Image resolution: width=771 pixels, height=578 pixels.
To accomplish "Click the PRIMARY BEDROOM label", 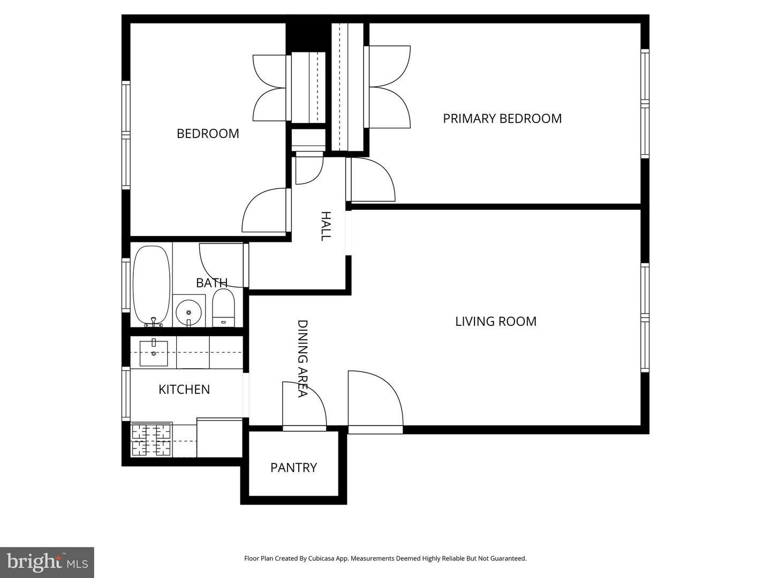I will pos(502,118).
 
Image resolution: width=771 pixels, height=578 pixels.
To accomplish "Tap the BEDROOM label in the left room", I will pos(208,133).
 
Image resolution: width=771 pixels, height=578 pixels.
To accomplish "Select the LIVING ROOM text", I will pos(496,321).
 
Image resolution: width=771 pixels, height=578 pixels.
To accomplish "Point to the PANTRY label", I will pos(293,468).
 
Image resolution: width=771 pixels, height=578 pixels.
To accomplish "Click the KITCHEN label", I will pos(184,389).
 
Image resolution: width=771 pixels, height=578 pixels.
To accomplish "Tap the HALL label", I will pos(326,226).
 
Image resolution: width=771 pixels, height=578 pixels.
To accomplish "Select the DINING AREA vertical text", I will pos(303,359).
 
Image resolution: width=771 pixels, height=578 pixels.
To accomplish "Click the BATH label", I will pos(211,282).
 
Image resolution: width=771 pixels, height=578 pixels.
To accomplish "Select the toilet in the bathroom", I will pos(223,308).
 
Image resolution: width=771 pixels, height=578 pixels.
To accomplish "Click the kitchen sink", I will pos(154,353).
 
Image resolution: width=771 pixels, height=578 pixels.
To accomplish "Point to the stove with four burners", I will pos(152,439).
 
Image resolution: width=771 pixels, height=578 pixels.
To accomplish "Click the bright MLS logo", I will pos(47,562).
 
